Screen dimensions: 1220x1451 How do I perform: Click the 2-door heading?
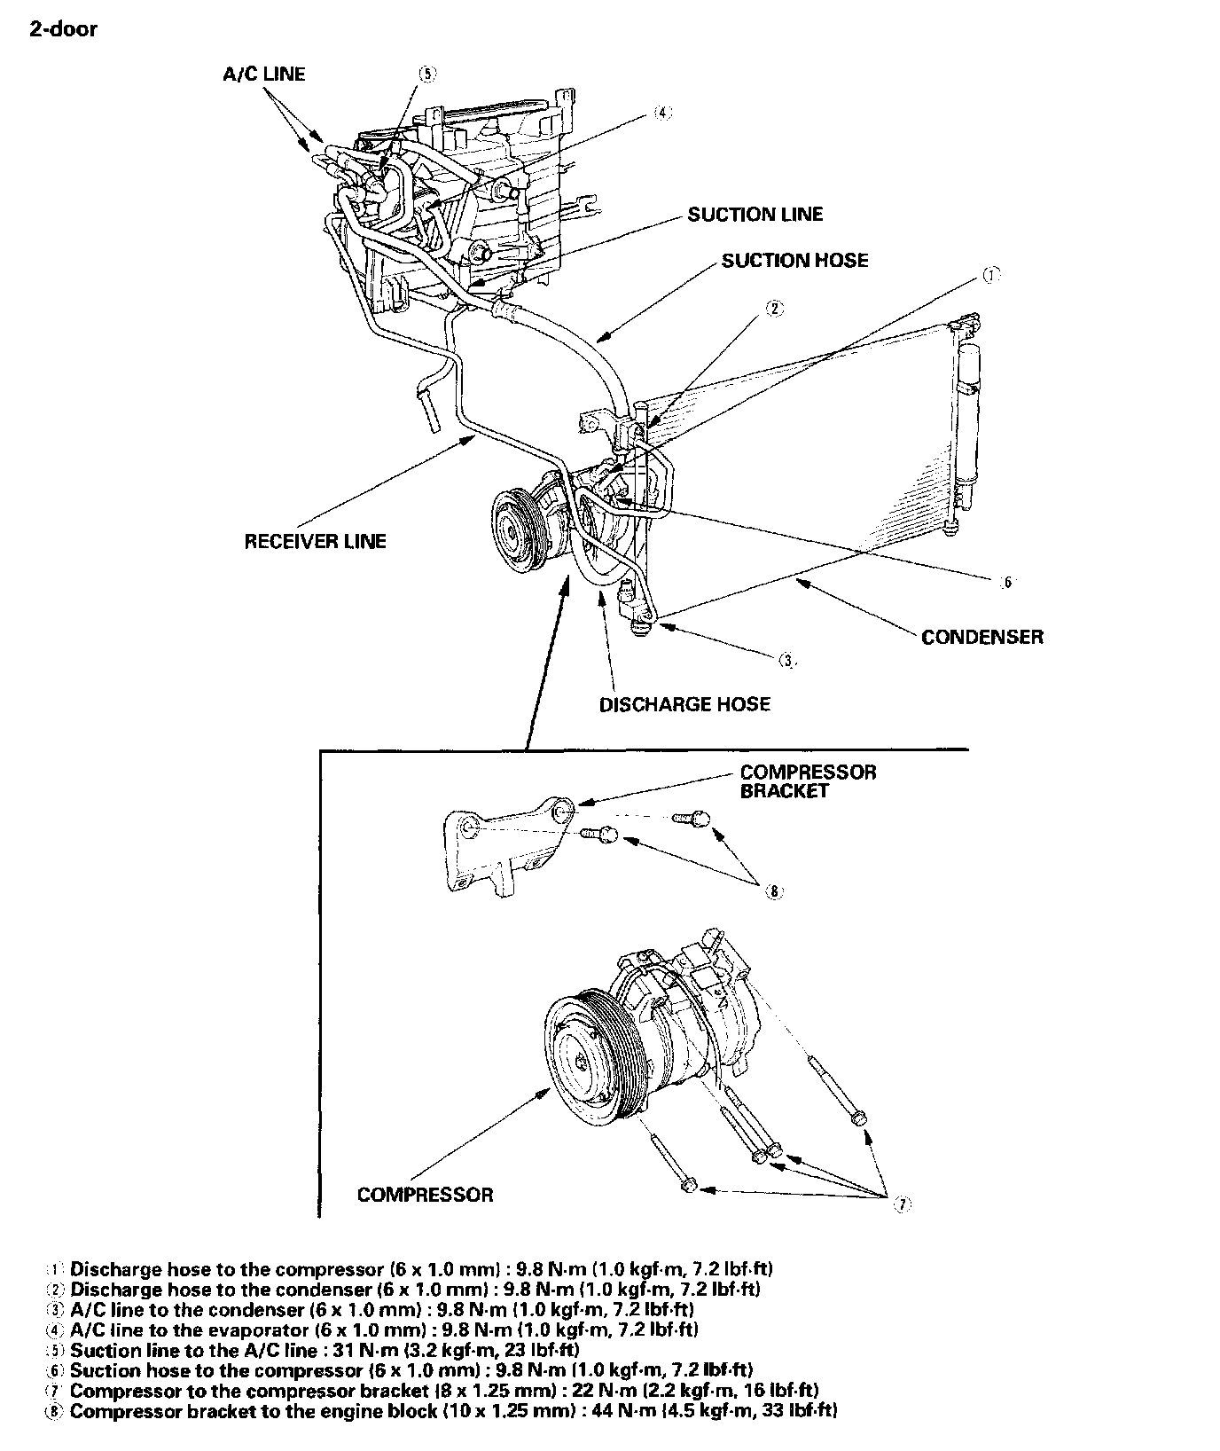pyautogui.click(x=63, y=29)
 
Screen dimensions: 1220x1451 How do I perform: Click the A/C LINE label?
pyautogui.click(x=263, y=75)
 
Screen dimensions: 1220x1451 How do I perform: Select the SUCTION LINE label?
pyautogui.click(x=755, y=215)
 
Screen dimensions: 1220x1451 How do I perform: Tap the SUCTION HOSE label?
pyautogui.click(x=794, y=261)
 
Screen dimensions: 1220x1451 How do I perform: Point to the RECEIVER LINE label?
pyautogui.click(x=316, y=541)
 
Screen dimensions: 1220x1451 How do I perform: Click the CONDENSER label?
pyautogui.click(x=982, y=637)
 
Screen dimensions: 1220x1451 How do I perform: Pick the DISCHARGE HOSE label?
pyautogui.click(x=685, y=704)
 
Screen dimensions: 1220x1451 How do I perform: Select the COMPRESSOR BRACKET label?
pyautogui.click(x=808, y=781)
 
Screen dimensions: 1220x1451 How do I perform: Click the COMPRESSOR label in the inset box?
pyautogui.click(x=425, y=1195)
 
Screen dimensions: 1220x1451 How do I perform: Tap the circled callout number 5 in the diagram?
pyautogui.click(x=427, y=74)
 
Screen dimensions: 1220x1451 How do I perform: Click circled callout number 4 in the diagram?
pyautogui.click(x=662, y=113)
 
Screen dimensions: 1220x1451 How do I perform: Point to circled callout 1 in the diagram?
pyautogui.click(x=990, y=275)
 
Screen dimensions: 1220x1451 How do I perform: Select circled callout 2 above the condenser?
pyautogui.click(x=775, y=309)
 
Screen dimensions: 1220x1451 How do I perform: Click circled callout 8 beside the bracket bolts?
pyautogui.click(x=774, y=892)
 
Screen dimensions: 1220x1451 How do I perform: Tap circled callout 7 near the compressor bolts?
pyautogui.click(x=902, y=1204)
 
